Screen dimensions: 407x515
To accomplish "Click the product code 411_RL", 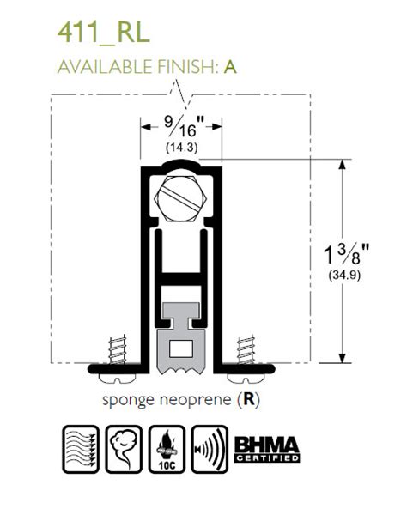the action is click(104, 33).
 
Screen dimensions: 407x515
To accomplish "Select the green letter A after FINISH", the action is click(230, 67).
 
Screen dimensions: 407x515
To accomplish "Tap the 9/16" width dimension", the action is click(184, 126).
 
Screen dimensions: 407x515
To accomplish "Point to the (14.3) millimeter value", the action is click(182, 147).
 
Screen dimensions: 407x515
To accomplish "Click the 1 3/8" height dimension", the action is click(346, 254).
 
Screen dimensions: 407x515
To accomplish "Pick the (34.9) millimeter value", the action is click(344, 275).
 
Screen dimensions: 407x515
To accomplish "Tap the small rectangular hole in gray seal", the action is click(181, 348).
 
